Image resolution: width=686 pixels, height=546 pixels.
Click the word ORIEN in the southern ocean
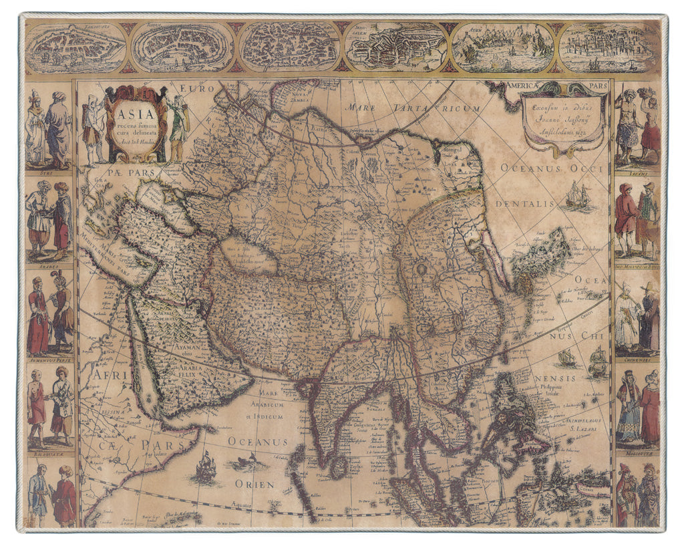pyautogui.click(x=254, y=484)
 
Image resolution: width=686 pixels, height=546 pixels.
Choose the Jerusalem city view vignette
pyautogui.click(x=397, y=47)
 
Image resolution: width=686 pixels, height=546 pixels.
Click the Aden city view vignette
pyautogui.click(x=502, y=47)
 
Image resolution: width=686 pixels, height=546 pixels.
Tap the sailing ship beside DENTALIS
pyautogui.click(x=578, y=194)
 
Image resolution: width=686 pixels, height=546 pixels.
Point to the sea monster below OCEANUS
pyautogui.click(x=246, y=461)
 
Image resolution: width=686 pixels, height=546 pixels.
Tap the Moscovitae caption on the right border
pyautogui.click(x=637, y=452)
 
